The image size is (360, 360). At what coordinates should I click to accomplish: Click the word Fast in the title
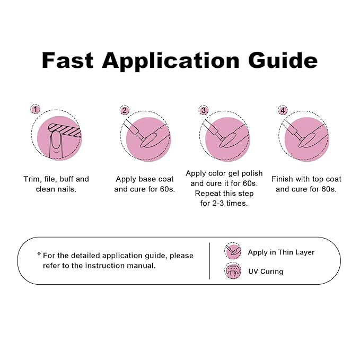tap(68, 60)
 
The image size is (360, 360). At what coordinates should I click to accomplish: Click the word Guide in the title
tap(283, 60)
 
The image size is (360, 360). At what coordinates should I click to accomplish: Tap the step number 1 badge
tap(35, 109)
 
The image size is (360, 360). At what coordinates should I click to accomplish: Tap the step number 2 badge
tap(125, 110)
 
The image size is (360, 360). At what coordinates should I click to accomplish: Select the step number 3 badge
tap(204, 110)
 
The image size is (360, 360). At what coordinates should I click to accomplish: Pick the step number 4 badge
tap(283, 110)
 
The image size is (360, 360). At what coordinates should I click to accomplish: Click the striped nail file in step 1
tap(65, 130)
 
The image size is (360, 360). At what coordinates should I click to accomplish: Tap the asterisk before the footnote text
tap(39, 254)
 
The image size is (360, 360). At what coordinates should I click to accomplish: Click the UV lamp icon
tap(233, 270)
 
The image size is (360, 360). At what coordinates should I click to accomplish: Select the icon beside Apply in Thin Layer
tap(233, 251)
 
